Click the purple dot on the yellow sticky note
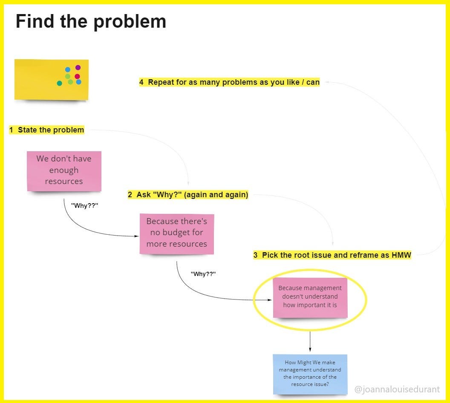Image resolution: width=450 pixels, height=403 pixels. [78, 67]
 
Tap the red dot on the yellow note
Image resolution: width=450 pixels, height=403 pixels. [77, 77]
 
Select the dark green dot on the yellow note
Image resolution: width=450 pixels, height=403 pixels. [59, 83]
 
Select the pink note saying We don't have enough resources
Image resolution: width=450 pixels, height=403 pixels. [64, 170]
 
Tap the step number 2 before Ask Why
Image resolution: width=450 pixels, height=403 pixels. [130, 195]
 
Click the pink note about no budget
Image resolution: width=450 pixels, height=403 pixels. [177, 233]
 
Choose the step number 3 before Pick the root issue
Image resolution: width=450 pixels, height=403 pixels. [255, 255]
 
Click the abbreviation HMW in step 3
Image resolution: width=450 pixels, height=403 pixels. [401, 255]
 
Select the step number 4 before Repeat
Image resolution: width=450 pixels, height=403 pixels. [141, 82]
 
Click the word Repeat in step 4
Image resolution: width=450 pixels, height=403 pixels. [161, 82]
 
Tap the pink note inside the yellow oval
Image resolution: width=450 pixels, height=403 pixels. [310, 297]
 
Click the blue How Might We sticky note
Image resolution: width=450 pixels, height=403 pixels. [310, 374]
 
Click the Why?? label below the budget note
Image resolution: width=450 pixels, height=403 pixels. [203, 273]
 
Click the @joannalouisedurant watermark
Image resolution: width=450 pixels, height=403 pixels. [397, 389]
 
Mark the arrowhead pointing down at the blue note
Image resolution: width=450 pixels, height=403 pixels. [310, 349]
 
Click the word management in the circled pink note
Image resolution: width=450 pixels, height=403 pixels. [322, 288]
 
